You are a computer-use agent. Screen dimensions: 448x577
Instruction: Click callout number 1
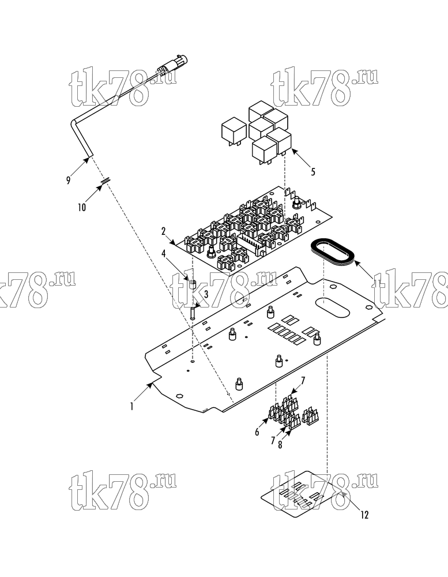[131, 406]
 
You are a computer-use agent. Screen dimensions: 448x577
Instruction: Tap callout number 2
[163, 231]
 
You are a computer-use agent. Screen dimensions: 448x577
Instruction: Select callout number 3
[206, 294]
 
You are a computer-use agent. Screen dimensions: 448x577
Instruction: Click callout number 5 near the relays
[313, 172]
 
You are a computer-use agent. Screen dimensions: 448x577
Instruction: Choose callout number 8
[280, 444]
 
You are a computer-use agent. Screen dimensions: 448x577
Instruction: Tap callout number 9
[68, 181]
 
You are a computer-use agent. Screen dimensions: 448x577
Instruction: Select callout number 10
[82, 207]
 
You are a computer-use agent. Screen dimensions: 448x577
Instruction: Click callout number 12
[364, 515]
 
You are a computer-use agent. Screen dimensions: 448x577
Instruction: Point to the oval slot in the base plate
[332, 307]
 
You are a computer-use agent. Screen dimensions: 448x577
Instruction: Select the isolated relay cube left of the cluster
[233, 130]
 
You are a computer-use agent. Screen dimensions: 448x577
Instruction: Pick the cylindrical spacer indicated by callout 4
[193, 285]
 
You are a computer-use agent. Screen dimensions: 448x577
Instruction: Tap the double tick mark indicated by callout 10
[106, 181]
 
